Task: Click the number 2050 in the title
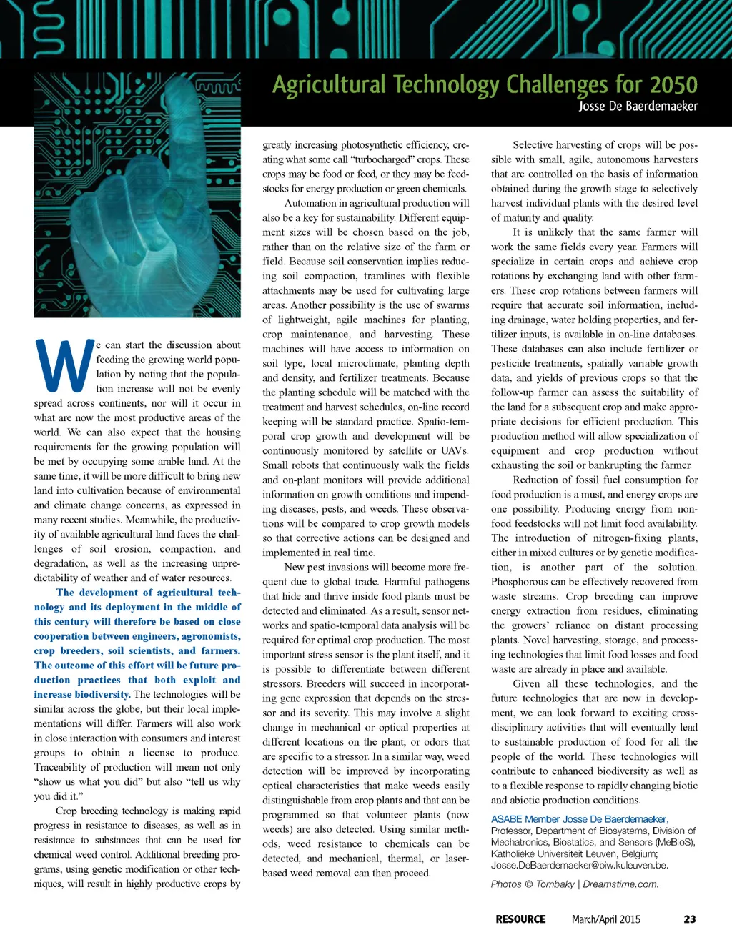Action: pyautogui.click(x=673, y=85)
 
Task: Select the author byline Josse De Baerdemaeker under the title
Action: pyautogui.click(x=638, y=106)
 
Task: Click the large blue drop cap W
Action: pyautogui.click(x=64, y=365)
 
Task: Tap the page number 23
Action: pyautogui.click(x=689, y=919)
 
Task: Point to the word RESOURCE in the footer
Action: pyautogui.click(x=520, y=919)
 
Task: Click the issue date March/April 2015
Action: pyautogui.click(x=605, y=919)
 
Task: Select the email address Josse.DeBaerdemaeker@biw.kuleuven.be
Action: pyautogui.click(x=579, y=865)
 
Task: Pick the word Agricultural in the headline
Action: pyautogui.click(x=329, y=85)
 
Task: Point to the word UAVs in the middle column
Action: pyautogui.click(x=454, y=450)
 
